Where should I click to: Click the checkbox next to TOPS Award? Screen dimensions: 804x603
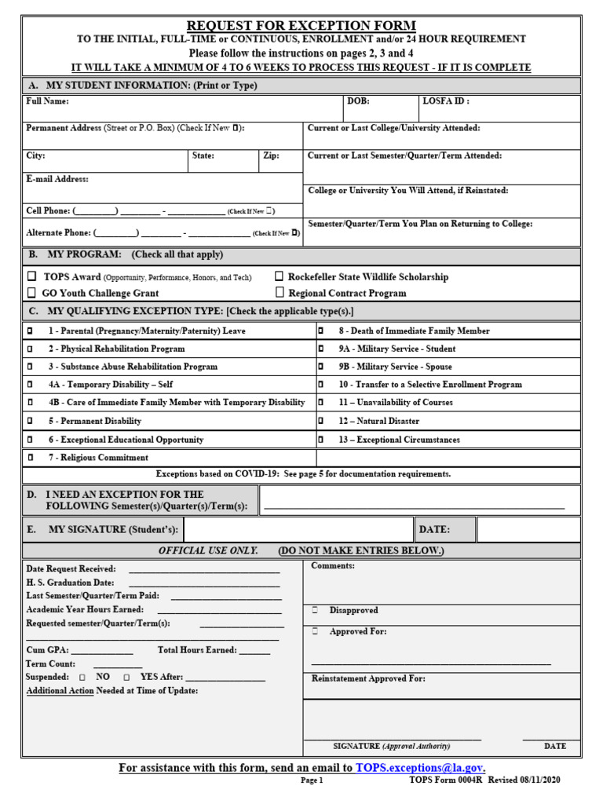pos(32,276)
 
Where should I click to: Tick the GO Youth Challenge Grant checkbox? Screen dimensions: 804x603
pos(32,293)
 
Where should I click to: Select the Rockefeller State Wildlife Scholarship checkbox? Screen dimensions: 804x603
pos(280,276)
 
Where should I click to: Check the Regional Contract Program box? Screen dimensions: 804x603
pos(280,293)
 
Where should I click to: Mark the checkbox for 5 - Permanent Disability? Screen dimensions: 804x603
pos(30,422)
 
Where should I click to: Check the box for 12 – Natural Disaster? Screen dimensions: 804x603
pos(320,422)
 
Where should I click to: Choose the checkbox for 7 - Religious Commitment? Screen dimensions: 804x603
pos(30,458)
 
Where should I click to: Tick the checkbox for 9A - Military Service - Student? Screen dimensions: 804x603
pos(320,349)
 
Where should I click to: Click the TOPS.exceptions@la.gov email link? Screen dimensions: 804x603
pos(419,768)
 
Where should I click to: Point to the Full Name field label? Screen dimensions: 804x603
pos(47,101)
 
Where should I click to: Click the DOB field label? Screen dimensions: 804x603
pos(359,101)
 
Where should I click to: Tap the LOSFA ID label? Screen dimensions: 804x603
pos(446,101)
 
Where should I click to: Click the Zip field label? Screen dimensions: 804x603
pos(271,156)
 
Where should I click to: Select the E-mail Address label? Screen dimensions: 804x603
pos(57,180)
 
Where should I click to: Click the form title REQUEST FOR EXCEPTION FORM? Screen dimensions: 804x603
pos(301,25)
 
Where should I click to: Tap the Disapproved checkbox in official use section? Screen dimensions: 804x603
pos(315,610)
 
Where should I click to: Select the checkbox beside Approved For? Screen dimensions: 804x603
pos(315,631)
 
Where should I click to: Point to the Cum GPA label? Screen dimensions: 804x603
pos(47,650)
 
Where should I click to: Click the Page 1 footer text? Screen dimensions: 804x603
pos(312,781)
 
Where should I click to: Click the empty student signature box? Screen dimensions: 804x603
pos(298,530)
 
